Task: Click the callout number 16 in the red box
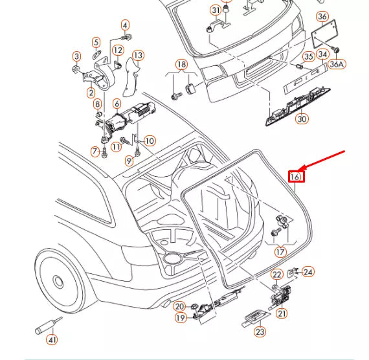coord(295,176)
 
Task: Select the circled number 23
coord(260,332)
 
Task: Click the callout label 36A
coord(337,63)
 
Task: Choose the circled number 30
coord(302,118)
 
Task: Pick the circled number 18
coord(181,64)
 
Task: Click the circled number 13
coord(138,56)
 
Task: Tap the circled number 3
coord(76,56)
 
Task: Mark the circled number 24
coord(308,272)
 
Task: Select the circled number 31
coord(216,10)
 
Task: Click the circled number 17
coord(280,251)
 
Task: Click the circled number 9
coord(129,161)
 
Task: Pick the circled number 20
coord(179,306)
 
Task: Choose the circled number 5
coord(96,43)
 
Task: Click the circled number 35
coord(309,56)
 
